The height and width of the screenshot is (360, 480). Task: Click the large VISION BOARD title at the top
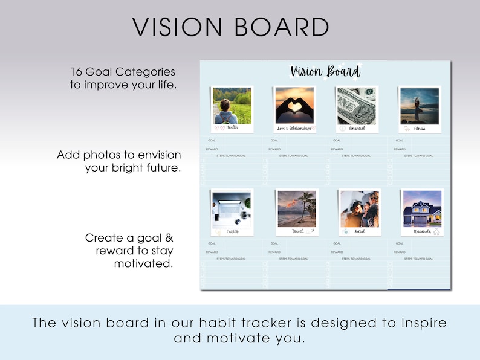click(x=231, y=27)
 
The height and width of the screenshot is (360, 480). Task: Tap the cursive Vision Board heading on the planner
click(x=325, y=72)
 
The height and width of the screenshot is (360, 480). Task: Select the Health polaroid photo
click(x=232, y=106)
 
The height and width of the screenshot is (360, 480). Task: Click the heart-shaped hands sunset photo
click(x=294, y=105)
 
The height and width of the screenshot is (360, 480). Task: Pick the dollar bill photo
click(x=357, y=106)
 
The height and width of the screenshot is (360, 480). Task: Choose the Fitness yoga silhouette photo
click(x=420, y=106)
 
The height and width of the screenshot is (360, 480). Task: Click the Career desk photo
click(x=232, y=209)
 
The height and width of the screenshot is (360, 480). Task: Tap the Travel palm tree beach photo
click(x=297, y=209)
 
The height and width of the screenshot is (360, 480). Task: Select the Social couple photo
click(x=360, y=209)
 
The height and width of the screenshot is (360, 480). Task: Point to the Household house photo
click(x=422, y=209)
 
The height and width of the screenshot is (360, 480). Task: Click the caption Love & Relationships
click(x=294, y=128)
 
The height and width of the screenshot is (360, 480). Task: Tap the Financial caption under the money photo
click(x=357, y=128)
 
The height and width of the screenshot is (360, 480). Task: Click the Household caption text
click(x=421, y=231)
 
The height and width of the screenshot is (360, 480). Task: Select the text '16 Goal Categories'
click(x=122, y=72)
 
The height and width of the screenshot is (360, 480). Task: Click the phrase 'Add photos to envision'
click(x=119, y=155)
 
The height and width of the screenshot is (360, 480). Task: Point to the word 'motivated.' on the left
click(x=143, y=263)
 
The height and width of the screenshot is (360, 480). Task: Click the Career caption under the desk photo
click(x=232, y=231)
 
